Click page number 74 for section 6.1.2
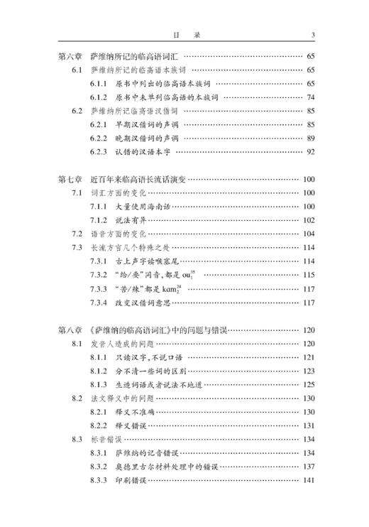tap(310, 97)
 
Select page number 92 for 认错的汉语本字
tap(310, 151)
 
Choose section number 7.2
tap(77, 234)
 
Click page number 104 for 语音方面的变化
tap(309, 234)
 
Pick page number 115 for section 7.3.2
tap(309, 275)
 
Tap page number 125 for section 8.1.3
tap(309, 385)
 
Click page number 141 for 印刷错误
tap(309, 481)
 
